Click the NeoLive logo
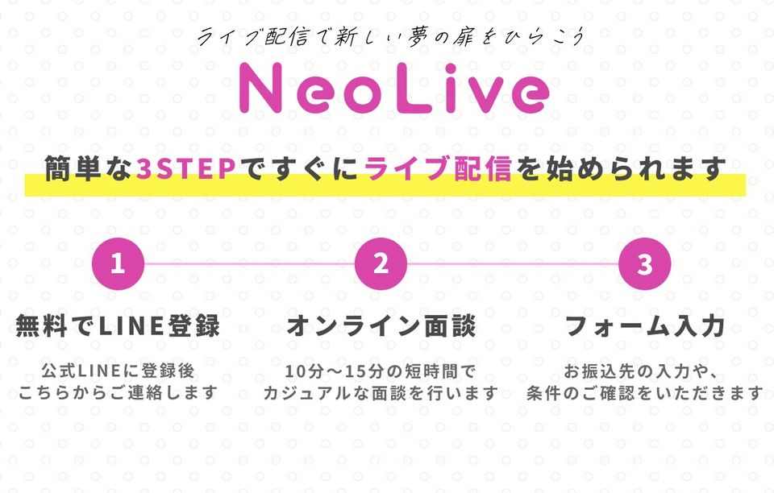tap(394, 89)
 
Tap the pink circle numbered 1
tap(118, 263)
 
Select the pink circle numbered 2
tap(381, 263)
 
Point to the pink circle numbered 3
tap(645, 263)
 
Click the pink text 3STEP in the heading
tap(185, 168)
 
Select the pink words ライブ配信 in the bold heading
tap(437, 168)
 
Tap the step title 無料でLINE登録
tap(118, 325)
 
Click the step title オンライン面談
tap(381, 325)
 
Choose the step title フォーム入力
tap(645, 325)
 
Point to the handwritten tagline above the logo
tap(391, 37)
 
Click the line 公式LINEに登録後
tap(118, 371)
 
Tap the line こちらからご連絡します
tap(118, 392)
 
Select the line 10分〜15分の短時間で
tap(381, 371)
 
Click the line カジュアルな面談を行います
tap(381, 393)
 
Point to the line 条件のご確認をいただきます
tap(645, 393)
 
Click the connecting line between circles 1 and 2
tap(249, 263)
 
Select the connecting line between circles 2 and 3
tap(513, 263)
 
